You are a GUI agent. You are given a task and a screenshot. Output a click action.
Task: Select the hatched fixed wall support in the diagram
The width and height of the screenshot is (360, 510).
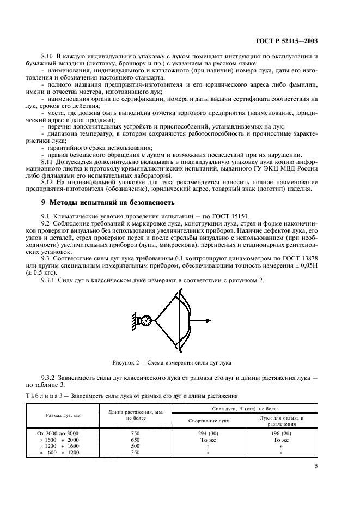pos(135,321)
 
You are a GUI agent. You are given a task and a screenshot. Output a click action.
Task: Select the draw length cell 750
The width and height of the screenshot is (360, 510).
pos(135,432)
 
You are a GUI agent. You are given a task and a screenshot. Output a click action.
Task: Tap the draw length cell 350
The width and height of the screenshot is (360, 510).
pos(135,452)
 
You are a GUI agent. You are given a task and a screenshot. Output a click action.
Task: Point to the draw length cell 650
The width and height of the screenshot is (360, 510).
pos(135,439)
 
